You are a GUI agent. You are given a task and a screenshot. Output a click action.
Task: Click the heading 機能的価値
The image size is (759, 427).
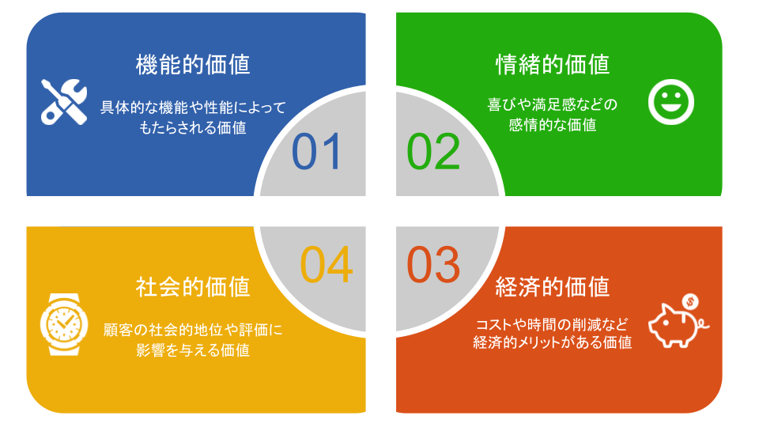193,64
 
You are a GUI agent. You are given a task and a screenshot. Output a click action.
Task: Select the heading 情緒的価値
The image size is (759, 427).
553,64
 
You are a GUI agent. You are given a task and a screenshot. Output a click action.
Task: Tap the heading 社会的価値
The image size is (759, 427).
193,286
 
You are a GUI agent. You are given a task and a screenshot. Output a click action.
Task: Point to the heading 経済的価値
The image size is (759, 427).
553,286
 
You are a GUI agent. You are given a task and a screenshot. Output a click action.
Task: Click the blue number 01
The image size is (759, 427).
317,152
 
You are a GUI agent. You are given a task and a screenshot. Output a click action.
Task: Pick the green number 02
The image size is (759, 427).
433,152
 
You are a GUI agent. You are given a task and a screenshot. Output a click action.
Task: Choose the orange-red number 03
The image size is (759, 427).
433,265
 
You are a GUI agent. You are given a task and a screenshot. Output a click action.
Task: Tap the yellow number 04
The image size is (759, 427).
326,265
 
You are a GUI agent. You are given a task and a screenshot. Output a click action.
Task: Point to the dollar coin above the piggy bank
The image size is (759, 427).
691,300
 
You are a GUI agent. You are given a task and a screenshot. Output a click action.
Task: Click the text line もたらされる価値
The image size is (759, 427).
193,127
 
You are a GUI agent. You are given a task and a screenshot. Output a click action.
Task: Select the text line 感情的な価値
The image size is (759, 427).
553,124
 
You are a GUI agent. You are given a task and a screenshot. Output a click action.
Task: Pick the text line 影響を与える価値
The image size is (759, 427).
193,350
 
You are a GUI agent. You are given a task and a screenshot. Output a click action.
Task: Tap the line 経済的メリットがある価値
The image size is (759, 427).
553,343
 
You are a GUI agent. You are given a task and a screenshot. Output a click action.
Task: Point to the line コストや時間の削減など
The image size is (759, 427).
553,324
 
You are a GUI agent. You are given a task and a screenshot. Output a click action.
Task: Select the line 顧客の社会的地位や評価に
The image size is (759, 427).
193,330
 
